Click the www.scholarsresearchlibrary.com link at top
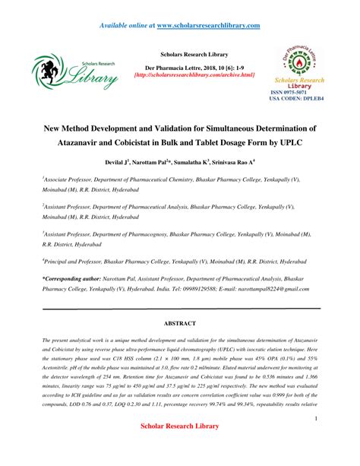[208, 26]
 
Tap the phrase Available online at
[126, 26]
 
